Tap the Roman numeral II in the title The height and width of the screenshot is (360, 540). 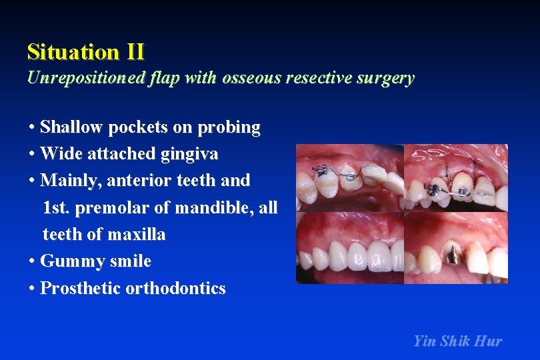(133, 52)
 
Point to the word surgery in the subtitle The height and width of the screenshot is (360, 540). (385, 78)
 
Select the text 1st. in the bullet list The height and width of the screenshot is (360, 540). (57, 208)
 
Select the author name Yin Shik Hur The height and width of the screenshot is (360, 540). (457, 341)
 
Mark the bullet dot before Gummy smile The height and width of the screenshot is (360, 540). (32, 261)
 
